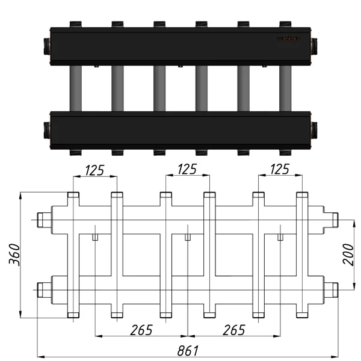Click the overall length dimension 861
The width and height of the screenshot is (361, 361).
pyautogui.click(x=188, y=350)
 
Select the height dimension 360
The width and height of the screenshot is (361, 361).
pyautogui.click(x=14, y=255)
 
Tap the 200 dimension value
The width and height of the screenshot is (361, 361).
pyautogui.click(x=349, y=255)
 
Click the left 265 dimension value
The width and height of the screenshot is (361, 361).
pyautogui.click(x=141, y=330)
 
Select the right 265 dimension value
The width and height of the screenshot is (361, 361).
pyautogui.click(x=234, y=330)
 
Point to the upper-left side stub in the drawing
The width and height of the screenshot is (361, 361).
pyautogui.click(x=45, y=220)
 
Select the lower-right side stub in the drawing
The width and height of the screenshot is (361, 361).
pyautogui.click(x=331, y=290)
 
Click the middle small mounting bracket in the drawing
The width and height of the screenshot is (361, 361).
pyautogui.click(x=188, y=237)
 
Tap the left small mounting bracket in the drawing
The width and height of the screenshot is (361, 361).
pyautogui.click(x=95, y=237)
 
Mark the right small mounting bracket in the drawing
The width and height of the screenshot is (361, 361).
pyautogui.click(x=280, y=237)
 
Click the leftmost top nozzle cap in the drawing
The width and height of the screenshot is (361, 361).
pyautogui.click(x=73, y=196)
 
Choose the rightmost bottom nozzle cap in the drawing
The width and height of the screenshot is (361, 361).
pyautogui.click(x=302, y=314)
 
